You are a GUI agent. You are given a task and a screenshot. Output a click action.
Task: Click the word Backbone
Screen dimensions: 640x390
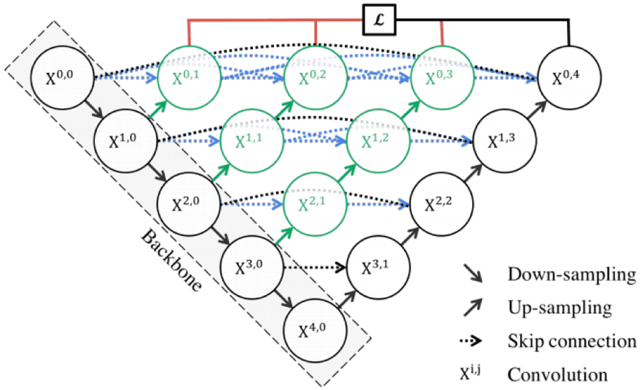[171, 260]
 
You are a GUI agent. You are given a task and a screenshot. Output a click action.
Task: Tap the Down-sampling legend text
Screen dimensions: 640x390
[572, 275]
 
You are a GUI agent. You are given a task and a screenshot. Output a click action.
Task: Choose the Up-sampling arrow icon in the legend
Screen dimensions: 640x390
[473, 307]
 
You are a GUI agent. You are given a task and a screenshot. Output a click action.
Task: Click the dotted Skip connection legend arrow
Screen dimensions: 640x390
[470, 340]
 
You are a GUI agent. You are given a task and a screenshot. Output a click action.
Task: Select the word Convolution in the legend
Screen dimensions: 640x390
[557, 375]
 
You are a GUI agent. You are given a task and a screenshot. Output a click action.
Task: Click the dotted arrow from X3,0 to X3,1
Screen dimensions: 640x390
[315, 267]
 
